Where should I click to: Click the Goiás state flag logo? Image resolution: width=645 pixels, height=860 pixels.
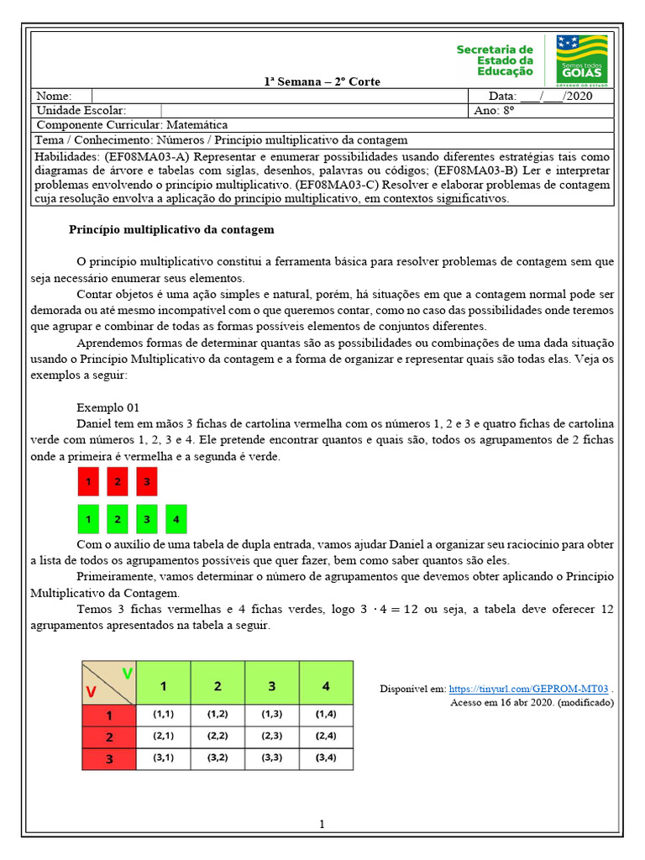(582, 60)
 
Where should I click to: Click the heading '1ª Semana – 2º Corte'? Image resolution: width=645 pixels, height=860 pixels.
(322, 81)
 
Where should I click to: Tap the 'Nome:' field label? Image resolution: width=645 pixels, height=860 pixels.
(55, 97)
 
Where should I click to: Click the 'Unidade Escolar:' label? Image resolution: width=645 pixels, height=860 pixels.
(81, 111)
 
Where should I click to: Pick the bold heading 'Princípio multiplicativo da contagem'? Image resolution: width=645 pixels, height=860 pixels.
(170, 229)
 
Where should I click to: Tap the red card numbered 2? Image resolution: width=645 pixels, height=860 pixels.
(118, 482)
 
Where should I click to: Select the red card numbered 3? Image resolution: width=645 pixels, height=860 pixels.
(146, 482)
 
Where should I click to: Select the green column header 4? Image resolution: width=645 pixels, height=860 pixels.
(326, 686)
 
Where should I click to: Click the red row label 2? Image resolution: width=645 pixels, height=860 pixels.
(108, 737)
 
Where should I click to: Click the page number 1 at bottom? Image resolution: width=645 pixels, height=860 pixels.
(322, 825)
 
